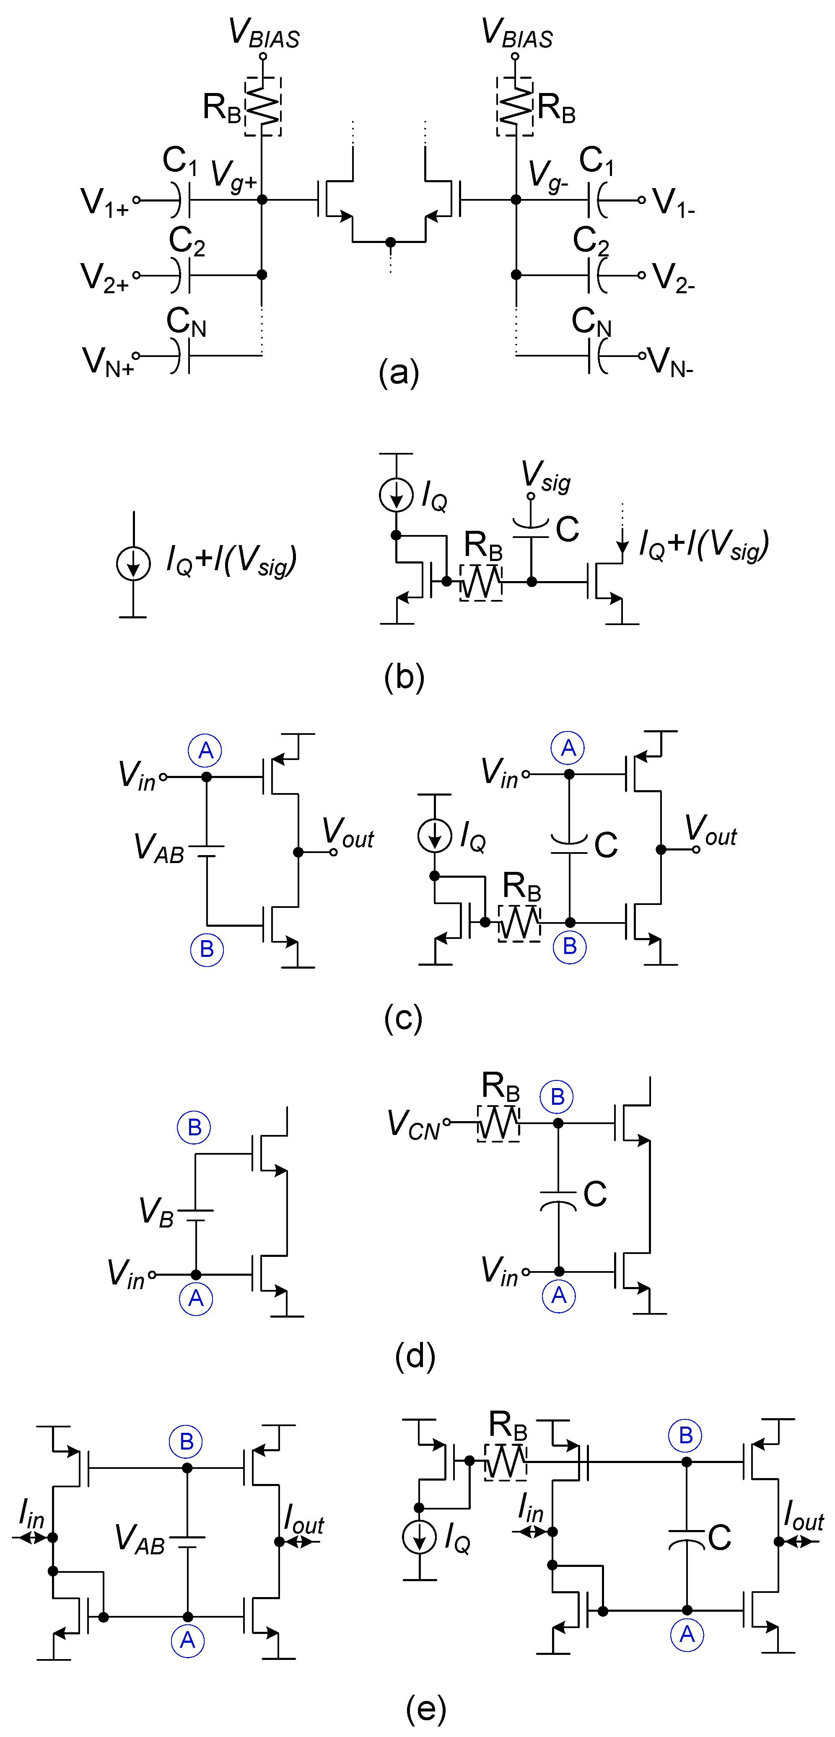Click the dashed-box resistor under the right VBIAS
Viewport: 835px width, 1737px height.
(x=515, y=106)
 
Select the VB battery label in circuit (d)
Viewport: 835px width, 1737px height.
(x=156, y=1212)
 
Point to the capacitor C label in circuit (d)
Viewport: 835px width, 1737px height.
(x=594, y=1194)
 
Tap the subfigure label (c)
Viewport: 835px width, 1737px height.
(x=403, y=1018)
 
